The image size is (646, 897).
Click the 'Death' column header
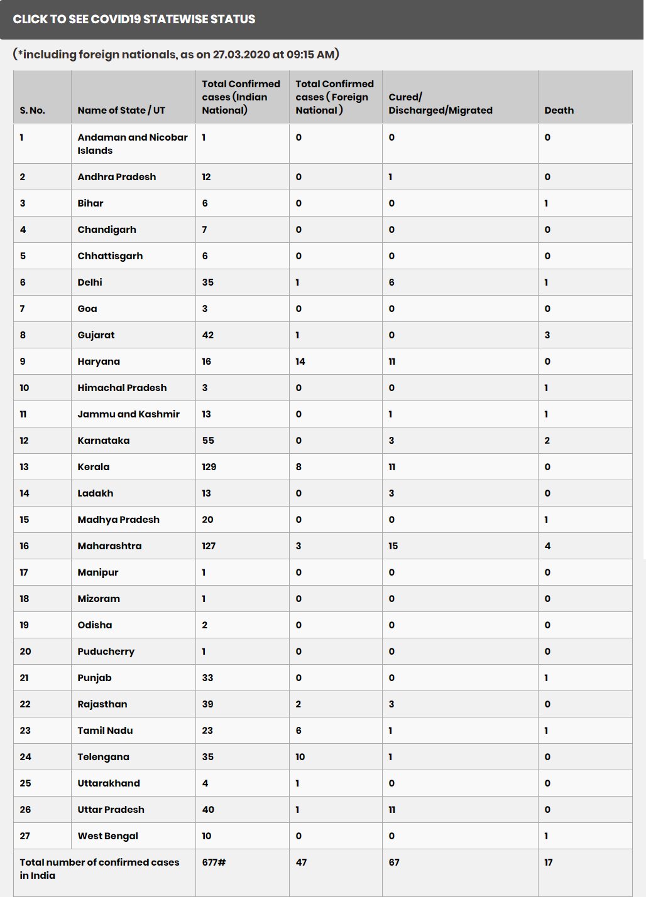point(559,110)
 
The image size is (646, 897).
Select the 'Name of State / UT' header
point(121,110)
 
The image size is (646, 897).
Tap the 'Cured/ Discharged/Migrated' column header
point(440,104)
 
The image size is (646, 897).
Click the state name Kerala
point(94,467)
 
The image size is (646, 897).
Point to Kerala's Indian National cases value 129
point(209,467)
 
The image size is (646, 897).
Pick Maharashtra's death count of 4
point(547,546)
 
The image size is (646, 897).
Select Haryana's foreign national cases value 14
point(300,362)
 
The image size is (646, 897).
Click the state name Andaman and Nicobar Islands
point(132,144)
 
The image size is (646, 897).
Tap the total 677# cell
point(214,862)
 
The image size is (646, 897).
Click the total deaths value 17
point(548,862)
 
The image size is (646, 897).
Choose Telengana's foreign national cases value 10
point(300,757)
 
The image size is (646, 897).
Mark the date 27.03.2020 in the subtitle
point(241,55)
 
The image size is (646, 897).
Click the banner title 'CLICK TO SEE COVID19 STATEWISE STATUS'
point(134,19)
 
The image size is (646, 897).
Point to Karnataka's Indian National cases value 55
point(208,441)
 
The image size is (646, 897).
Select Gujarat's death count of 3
point(547,335)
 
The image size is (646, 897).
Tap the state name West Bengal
point(107,836)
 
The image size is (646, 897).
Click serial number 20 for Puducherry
point(25,652)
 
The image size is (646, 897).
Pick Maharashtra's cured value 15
point(393,546)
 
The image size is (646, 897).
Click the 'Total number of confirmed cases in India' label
point(99,869)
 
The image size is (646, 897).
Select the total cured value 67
point(394,862)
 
